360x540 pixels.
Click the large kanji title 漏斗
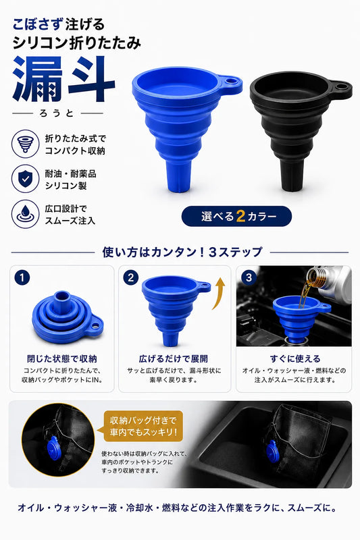point(63,79)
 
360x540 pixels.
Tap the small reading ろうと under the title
point(57,113)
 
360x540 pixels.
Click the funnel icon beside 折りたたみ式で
point(25,144)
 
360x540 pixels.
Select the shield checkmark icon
point(25,179)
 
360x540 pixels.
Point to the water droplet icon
point(25,214)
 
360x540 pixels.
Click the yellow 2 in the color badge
point(240,216)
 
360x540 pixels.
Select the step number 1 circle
point(22,277)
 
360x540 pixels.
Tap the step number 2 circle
point(130,277)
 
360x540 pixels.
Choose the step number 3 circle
point(249,277)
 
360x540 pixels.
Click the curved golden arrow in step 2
point(220,293)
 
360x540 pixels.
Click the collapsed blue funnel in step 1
point(68,317)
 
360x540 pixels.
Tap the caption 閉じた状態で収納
point(62,358)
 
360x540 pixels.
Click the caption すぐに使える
point(295,358)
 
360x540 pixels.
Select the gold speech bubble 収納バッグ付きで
point(143,426)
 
